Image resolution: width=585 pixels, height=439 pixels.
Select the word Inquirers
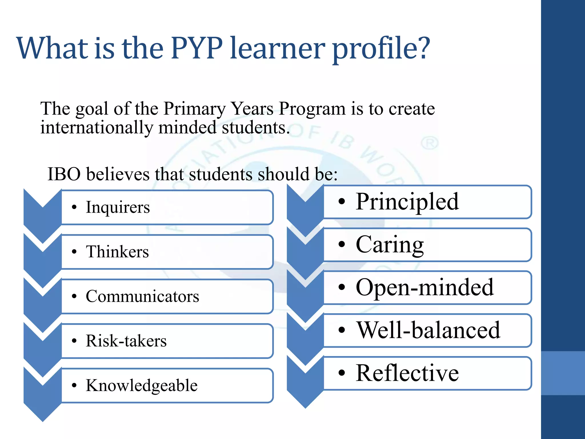click(x=118, y=207)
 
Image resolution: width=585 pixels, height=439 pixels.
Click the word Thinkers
click(x=117, y=252)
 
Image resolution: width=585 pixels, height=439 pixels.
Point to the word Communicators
click(x=142, y=296)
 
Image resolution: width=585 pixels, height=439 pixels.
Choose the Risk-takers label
click(x=126, y=341)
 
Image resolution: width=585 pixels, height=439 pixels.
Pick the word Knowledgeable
click(x=142, y=386)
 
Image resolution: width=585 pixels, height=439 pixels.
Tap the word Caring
click(x=390, y=245)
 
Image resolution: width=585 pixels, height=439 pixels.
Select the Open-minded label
click(x=425, y=288)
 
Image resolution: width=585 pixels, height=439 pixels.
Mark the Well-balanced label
click(x=428, y=330)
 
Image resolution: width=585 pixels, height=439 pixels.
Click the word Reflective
click(x=407, y=373)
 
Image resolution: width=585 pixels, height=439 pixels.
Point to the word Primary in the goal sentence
click(x=194, y=109)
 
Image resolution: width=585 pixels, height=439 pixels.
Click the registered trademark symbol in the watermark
click(x=430, y=143)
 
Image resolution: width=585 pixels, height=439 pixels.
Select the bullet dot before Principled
click(x=342, y=202)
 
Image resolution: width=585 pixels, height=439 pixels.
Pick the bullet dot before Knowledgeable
click(x=74, y=386)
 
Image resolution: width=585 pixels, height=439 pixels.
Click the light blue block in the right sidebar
click(x=563, y=373)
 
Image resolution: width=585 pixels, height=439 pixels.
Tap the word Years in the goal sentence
click(x=252, y=109)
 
